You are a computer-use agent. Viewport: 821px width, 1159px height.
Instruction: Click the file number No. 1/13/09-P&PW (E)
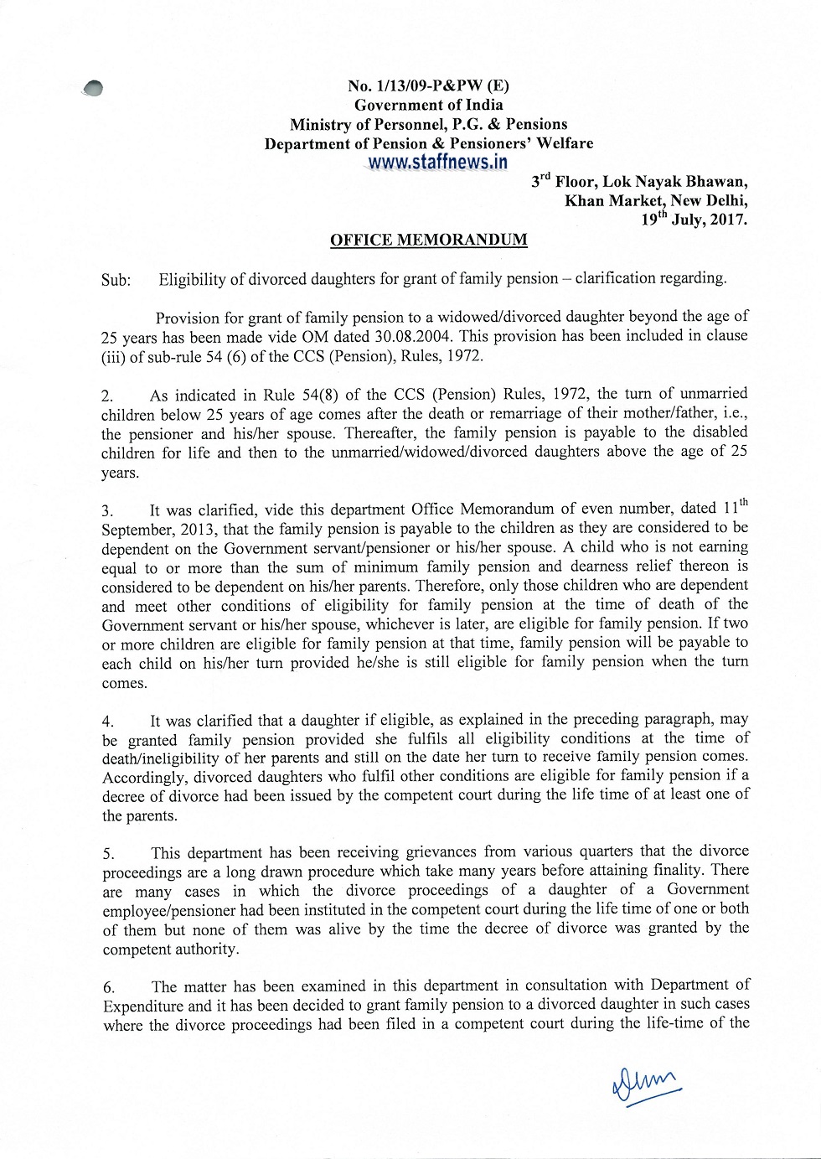click(428, 85)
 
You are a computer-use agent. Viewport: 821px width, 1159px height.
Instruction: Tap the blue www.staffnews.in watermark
click(437, 163)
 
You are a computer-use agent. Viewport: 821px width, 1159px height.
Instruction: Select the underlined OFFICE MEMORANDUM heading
click(428, 240)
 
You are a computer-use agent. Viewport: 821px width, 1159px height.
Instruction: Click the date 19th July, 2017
click(694, 220)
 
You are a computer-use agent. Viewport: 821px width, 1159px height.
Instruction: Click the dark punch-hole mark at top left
click(93, 88)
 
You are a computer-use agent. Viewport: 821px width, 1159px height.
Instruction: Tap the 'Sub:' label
click(116, 280)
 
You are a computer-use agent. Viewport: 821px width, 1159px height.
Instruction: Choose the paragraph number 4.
click(107, 722)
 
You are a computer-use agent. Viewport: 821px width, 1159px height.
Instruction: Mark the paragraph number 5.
click(108, 854)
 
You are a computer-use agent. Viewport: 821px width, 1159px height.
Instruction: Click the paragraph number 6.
click(109, 987)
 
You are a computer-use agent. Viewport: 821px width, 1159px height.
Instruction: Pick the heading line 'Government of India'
click(428, 105)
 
